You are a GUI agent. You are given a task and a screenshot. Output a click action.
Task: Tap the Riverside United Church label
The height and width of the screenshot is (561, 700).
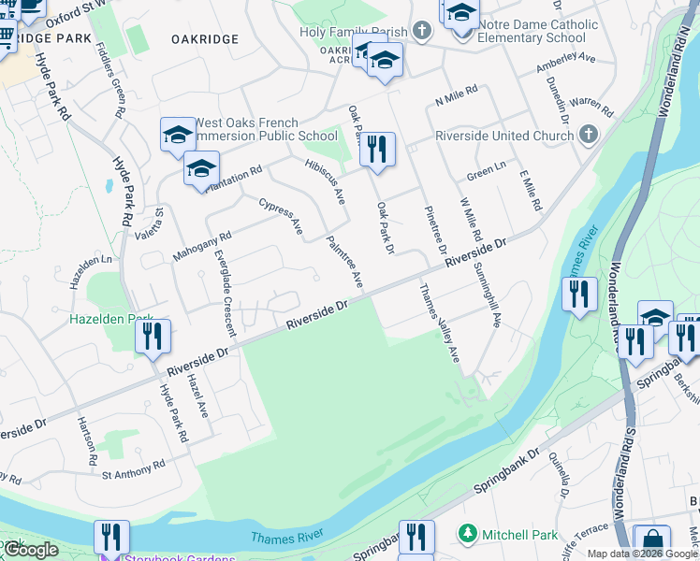point(504,136)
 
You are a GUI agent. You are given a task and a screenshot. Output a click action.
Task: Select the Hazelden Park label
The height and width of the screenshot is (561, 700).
point(110,319)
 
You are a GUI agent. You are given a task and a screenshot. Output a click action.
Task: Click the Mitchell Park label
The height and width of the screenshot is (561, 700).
point(519,536)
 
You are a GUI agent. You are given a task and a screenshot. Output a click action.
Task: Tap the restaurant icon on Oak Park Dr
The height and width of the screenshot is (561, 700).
point(377,150)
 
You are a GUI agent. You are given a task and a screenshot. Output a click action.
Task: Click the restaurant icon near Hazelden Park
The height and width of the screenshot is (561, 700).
point(153,336)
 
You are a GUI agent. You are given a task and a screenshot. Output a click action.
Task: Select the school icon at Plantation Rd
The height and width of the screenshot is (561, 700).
point(201,168)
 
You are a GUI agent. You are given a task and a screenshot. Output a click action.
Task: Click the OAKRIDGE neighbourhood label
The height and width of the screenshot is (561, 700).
point(205,39)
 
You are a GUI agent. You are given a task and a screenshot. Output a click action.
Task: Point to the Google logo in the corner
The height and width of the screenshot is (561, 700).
point(30,550)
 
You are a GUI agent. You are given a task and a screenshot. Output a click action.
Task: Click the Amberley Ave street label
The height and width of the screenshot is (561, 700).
point(565,64)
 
